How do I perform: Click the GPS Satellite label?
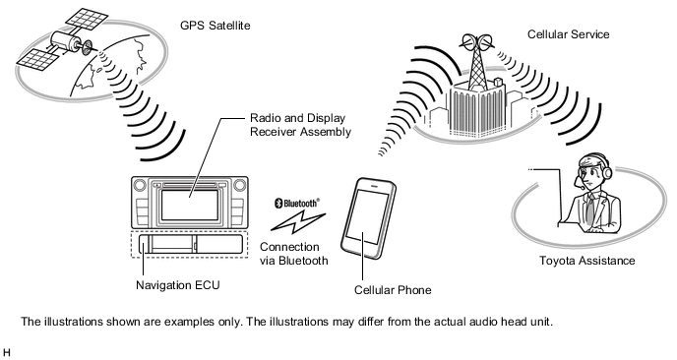point(215,26)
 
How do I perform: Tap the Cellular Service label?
point(568,34)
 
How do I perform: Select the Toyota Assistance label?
point(587,261)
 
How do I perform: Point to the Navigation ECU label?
point(178,285)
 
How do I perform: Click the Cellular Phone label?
point(393,290)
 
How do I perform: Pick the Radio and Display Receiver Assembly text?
point(300,125)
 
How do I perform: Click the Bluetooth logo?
point(297,203)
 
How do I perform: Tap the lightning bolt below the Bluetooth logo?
point(298,222)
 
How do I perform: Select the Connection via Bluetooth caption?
point(293,254)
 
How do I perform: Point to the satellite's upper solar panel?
point(87,18)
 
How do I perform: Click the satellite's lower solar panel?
point(37,60)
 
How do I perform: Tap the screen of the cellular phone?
point(367,216)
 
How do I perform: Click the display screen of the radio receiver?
point(190,205)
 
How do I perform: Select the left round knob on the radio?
point(140,186)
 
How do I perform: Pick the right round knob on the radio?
point(240,186)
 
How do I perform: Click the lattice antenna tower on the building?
point(477,65)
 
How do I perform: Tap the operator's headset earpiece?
point(607,172)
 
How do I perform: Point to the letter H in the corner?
point(6,352)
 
